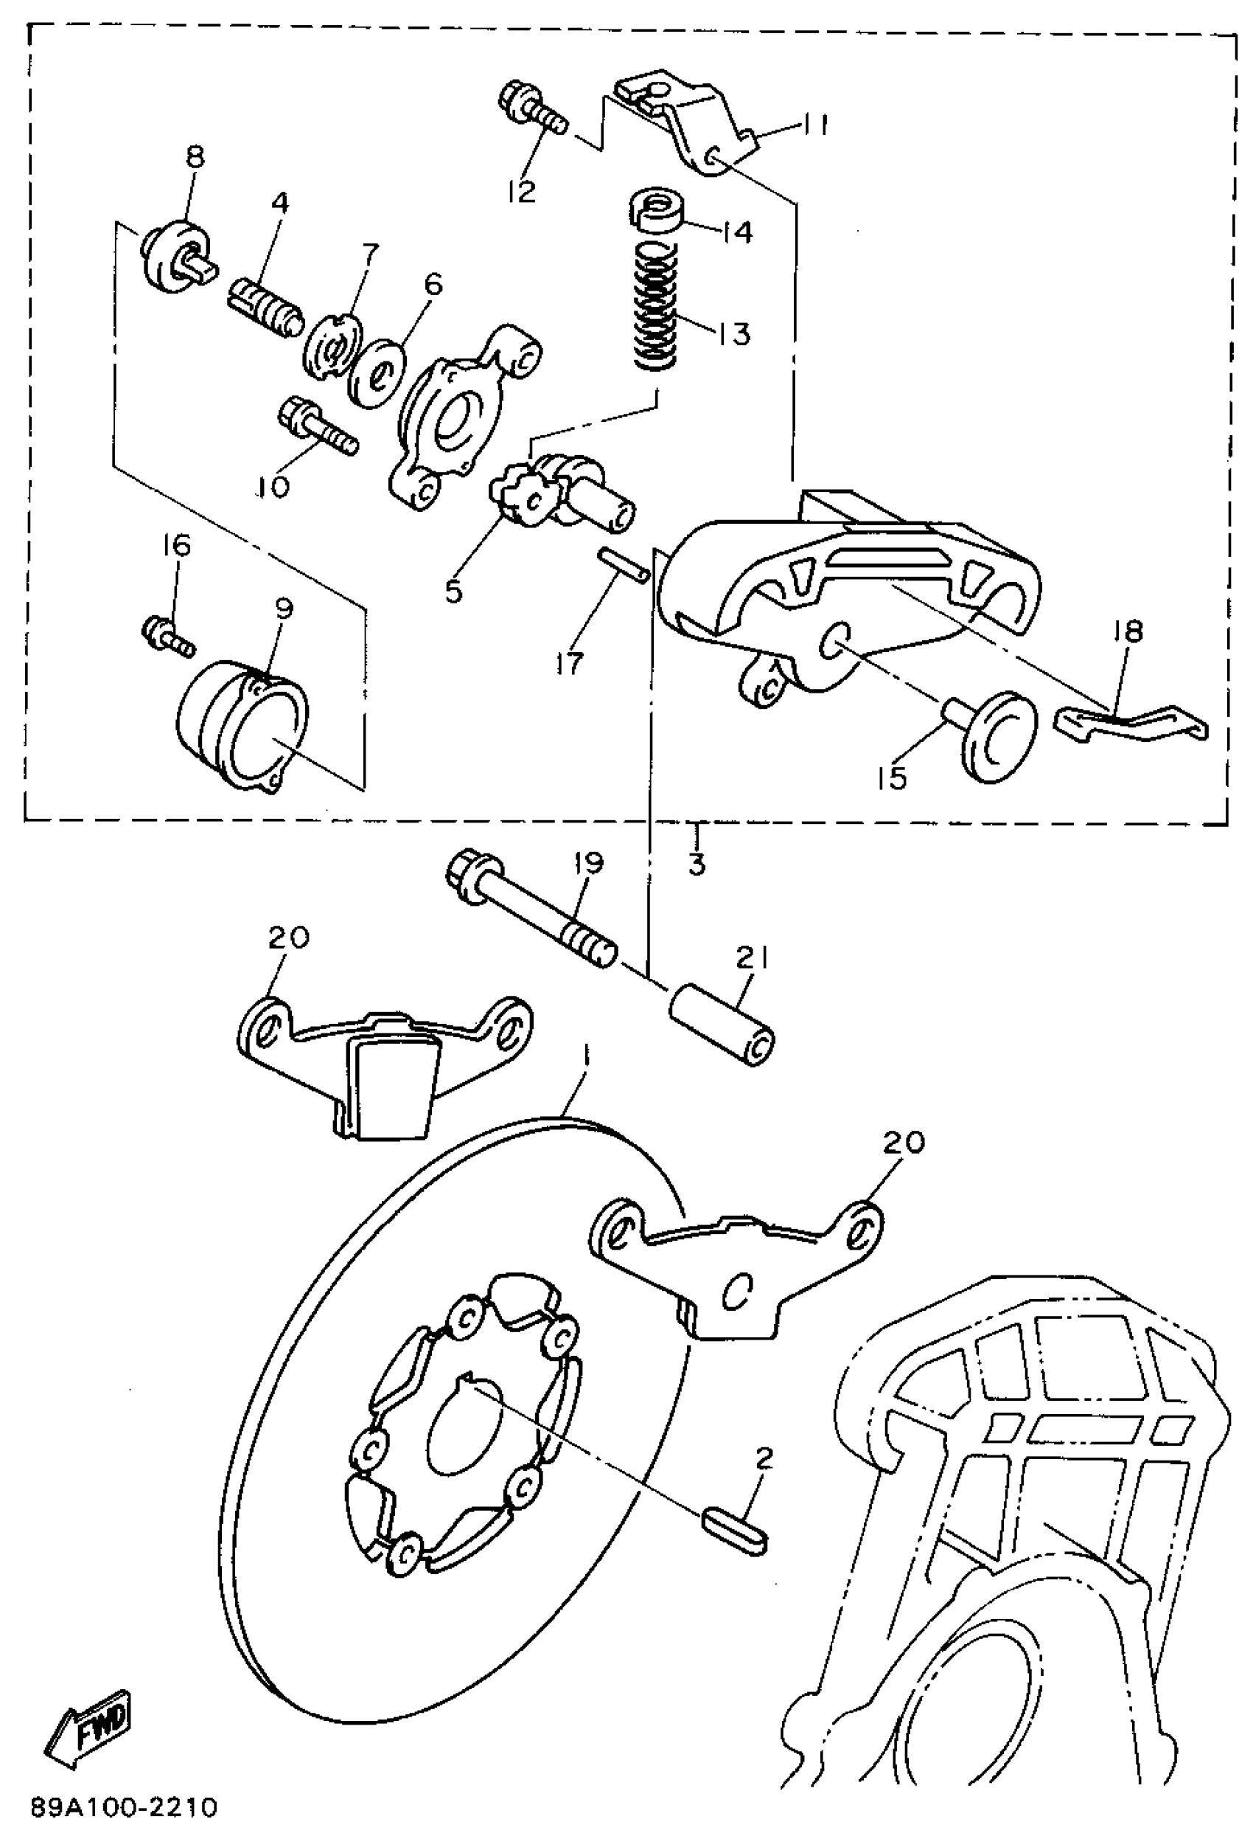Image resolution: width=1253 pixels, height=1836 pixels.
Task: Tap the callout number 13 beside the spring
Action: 733,334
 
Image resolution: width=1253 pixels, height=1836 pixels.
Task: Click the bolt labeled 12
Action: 534,111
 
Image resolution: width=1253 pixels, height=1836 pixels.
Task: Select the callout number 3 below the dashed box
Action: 696,864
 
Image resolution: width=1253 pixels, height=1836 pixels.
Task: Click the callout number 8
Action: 195,157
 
